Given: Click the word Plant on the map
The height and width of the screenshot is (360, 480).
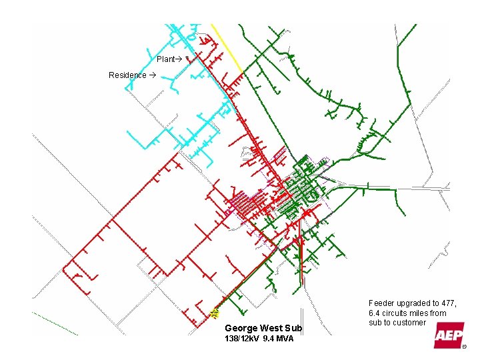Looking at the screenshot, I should tap(165, 59).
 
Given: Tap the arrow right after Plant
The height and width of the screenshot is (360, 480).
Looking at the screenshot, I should tap(179, 59).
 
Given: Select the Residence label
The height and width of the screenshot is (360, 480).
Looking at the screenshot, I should tap(127, 75).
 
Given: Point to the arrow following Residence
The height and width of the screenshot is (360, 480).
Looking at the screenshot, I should tap(152, 75).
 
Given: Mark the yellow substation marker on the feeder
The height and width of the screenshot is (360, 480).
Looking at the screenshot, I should tap(215, 312).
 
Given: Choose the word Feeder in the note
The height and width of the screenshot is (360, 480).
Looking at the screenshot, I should tap(381, 303).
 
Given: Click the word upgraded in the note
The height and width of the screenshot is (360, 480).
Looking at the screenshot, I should tap(415, 303).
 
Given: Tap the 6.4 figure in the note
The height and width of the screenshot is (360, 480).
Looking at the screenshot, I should tap(374, 313).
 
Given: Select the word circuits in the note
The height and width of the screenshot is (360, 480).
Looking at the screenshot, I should tap(395, 313).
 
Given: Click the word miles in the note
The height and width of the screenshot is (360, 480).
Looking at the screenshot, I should tap(421, 313).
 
